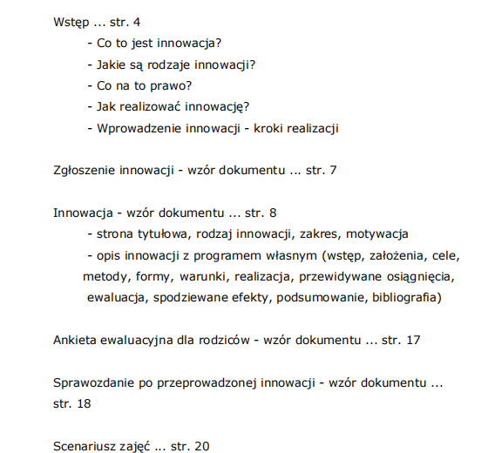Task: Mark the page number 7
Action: [333, 170]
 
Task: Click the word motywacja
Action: [377, 233]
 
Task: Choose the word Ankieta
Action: [78, 339]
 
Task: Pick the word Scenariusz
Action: [86, 446]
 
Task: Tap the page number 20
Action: [201, 446]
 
